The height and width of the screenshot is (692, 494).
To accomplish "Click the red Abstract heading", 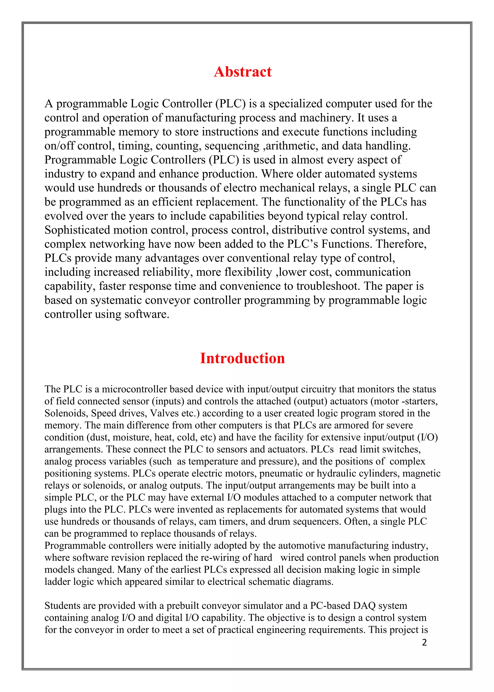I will pyautogui.click(x=242, y=72).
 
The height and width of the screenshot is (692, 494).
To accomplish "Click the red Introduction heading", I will pyautogui.click(x=242, y=358).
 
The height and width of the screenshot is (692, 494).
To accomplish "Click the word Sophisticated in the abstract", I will pyautogui.click(x=77, y=230).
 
